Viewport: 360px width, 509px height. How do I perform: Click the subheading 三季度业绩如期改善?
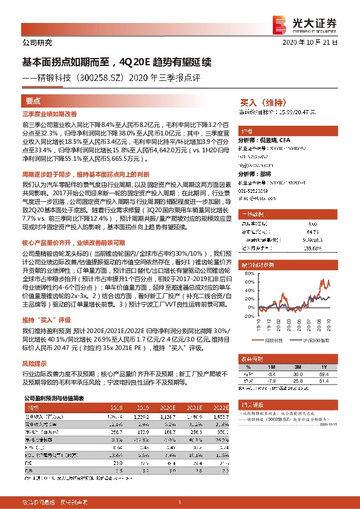click(50, 114)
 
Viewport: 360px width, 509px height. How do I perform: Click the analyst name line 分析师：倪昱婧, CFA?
click(270, 139)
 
